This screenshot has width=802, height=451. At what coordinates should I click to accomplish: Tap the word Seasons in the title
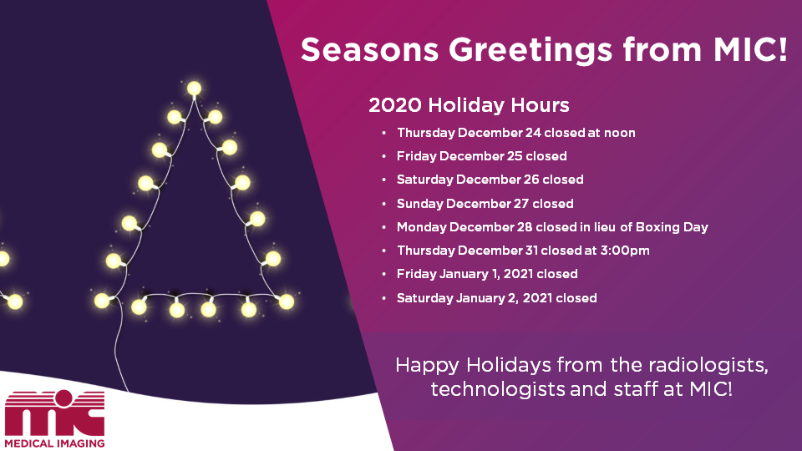tap(370, 49)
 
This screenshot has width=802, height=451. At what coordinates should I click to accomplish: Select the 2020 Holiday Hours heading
tap(469, 105)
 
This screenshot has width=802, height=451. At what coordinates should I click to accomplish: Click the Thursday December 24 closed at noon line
tap(516, 133)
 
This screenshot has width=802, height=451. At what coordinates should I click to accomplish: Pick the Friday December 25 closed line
tap(482, 156)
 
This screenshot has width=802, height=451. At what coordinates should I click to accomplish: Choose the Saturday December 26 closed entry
tap(490, 180)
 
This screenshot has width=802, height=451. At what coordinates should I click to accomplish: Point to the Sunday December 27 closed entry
tap(485, 204)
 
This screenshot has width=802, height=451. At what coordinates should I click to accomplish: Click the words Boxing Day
tap(672, 227)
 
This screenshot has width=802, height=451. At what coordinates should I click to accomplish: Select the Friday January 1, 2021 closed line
tap(487, 274)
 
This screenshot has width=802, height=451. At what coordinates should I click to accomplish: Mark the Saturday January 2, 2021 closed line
tap(496, 297)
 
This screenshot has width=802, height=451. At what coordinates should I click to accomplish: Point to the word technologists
tap(498, 390)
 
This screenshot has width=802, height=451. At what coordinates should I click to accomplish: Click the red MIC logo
tap(55, 413)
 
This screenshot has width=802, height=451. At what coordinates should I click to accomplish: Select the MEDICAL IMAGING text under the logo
tap(55, 443)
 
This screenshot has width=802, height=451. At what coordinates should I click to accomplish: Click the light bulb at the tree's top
tap(194, 89)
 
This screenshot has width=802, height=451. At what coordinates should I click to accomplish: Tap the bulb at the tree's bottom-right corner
tap(287, 302)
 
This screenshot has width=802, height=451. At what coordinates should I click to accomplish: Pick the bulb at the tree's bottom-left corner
tap(102, 301)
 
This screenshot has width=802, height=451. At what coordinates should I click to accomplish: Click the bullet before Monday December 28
tap(384, 227)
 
